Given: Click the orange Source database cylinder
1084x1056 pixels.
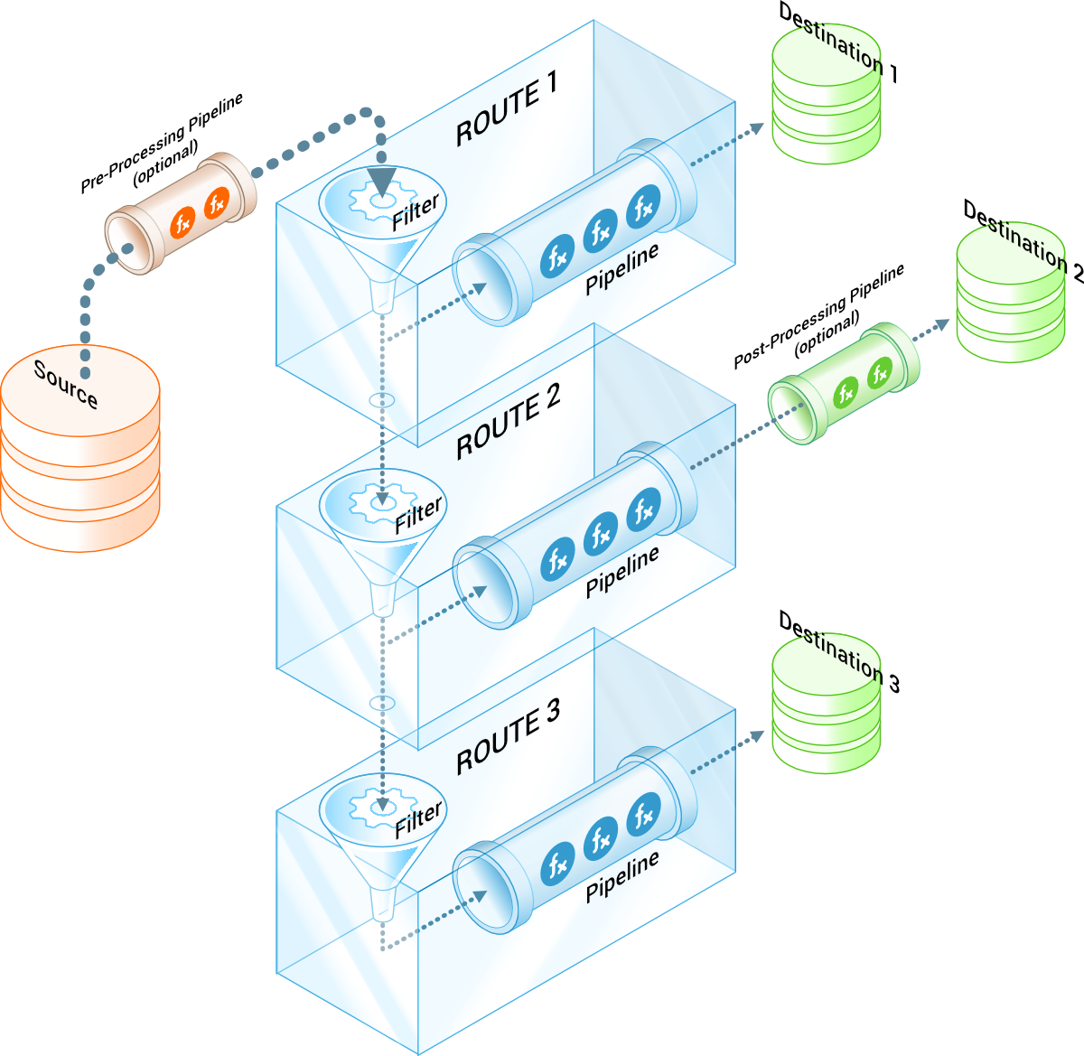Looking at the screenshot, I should coord(79,452).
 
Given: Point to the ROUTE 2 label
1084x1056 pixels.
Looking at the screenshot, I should coord(508,421).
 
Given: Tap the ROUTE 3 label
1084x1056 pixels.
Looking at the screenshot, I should coord(508,736).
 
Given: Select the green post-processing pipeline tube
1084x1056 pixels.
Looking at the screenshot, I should coord(844,383).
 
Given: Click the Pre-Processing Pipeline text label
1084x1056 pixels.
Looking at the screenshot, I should coord(163,143).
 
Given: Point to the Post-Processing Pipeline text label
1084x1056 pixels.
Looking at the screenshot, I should coord(818,316).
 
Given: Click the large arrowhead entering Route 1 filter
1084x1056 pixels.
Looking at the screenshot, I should coord(382,181).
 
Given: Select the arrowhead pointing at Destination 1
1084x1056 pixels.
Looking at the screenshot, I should coord(755,128).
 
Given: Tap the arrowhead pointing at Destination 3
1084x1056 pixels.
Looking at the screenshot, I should coord(755,736).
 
